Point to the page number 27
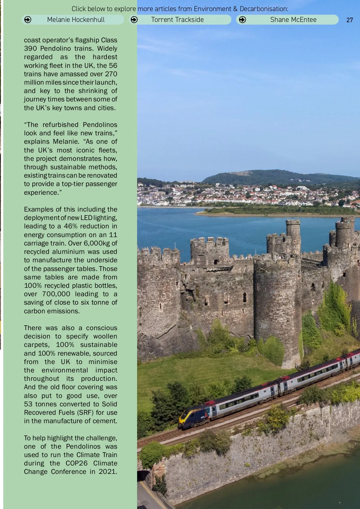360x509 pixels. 349,20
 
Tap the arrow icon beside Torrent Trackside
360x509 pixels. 134,20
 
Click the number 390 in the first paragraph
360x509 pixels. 30,49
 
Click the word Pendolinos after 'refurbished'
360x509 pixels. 100,125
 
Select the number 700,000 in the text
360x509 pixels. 56,294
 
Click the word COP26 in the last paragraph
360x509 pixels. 76,463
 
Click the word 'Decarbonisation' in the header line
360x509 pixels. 264,9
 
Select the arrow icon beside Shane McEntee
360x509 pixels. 242,20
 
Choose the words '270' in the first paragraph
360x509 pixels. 111,74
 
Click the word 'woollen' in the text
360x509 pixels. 105,336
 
